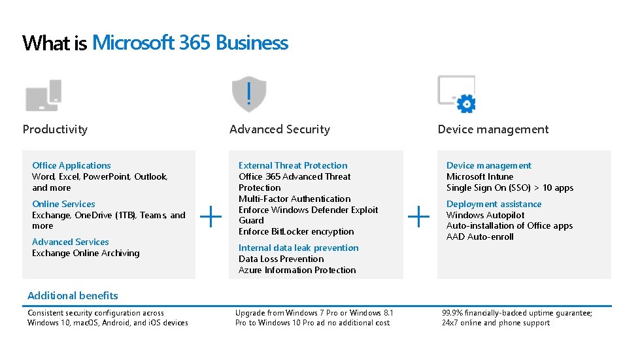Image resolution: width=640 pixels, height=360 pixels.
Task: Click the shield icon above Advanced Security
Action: coord(249,94)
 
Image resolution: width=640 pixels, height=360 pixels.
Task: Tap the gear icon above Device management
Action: coord(465,103)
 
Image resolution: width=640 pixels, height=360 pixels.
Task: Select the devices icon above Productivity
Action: coord(43,95)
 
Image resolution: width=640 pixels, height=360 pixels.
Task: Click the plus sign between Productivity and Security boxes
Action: coord(211,216)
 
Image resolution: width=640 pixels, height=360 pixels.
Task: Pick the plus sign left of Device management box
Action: coord(418,216)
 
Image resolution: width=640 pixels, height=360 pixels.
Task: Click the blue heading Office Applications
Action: coord(71,165)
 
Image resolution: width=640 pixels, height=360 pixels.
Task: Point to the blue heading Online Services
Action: coord(63,204)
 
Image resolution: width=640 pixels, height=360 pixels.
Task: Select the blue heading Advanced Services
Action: coord(71,242)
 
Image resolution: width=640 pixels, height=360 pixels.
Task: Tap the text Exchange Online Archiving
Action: coord(86,253)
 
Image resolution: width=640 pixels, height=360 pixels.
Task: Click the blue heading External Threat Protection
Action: coord(293,165)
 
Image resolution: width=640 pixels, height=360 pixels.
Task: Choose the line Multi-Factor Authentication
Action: coord(294,199)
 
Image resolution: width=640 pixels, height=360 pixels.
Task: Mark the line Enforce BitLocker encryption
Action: coord(296,231)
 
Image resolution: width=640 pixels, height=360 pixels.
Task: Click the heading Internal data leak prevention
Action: coord(298,248)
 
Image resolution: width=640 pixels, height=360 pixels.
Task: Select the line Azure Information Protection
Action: coord(297,270)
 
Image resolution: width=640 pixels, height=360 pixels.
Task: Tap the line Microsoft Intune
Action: coord(480,176)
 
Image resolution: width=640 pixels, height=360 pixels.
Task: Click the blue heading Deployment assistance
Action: coord(494,204)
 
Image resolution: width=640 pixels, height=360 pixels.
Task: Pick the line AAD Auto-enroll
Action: coord(480,237)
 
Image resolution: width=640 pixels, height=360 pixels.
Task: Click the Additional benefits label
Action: coord(73,295)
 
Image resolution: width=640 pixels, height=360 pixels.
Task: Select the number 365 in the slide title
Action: coord(194,43)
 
